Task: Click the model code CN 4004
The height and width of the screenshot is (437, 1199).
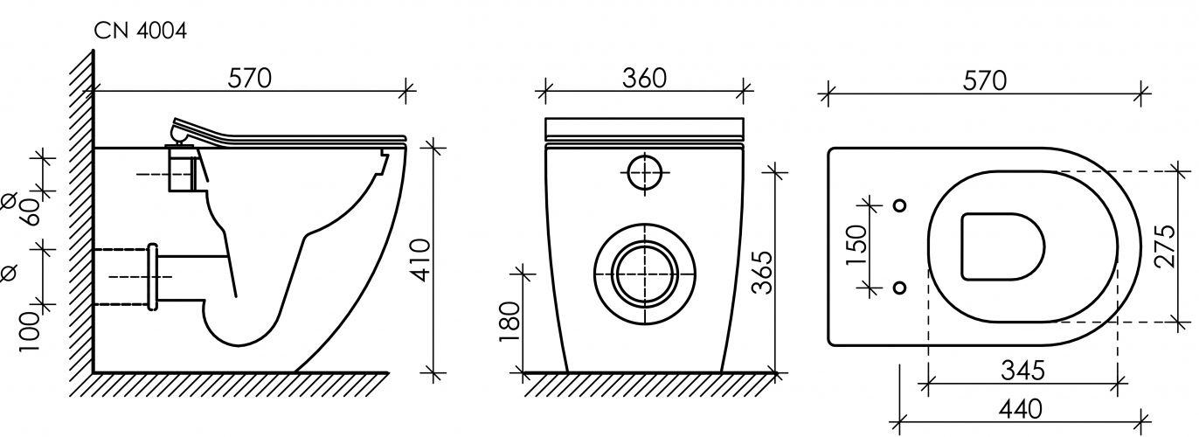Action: [x=140, y=31]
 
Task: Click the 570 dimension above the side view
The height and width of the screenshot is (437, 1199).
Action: [x=250, y=78]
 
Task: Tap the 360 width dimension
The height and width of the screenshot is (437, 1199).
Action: [x=644, y=78]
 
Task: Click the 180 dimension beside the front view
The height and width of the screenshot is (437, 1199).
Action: [x=509, y=323]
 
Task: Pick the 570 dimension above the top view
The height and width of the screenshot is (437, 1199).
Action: [x=985, y=81]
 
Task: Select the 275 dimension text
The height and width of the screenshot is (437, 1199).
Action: [x=1165, y=246]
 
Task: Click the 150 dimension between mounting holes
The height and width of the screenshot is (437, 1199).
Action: [x=856, y=246]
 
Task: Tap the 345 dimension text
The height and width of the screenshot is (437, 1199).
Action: [x=1022, y=370]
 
